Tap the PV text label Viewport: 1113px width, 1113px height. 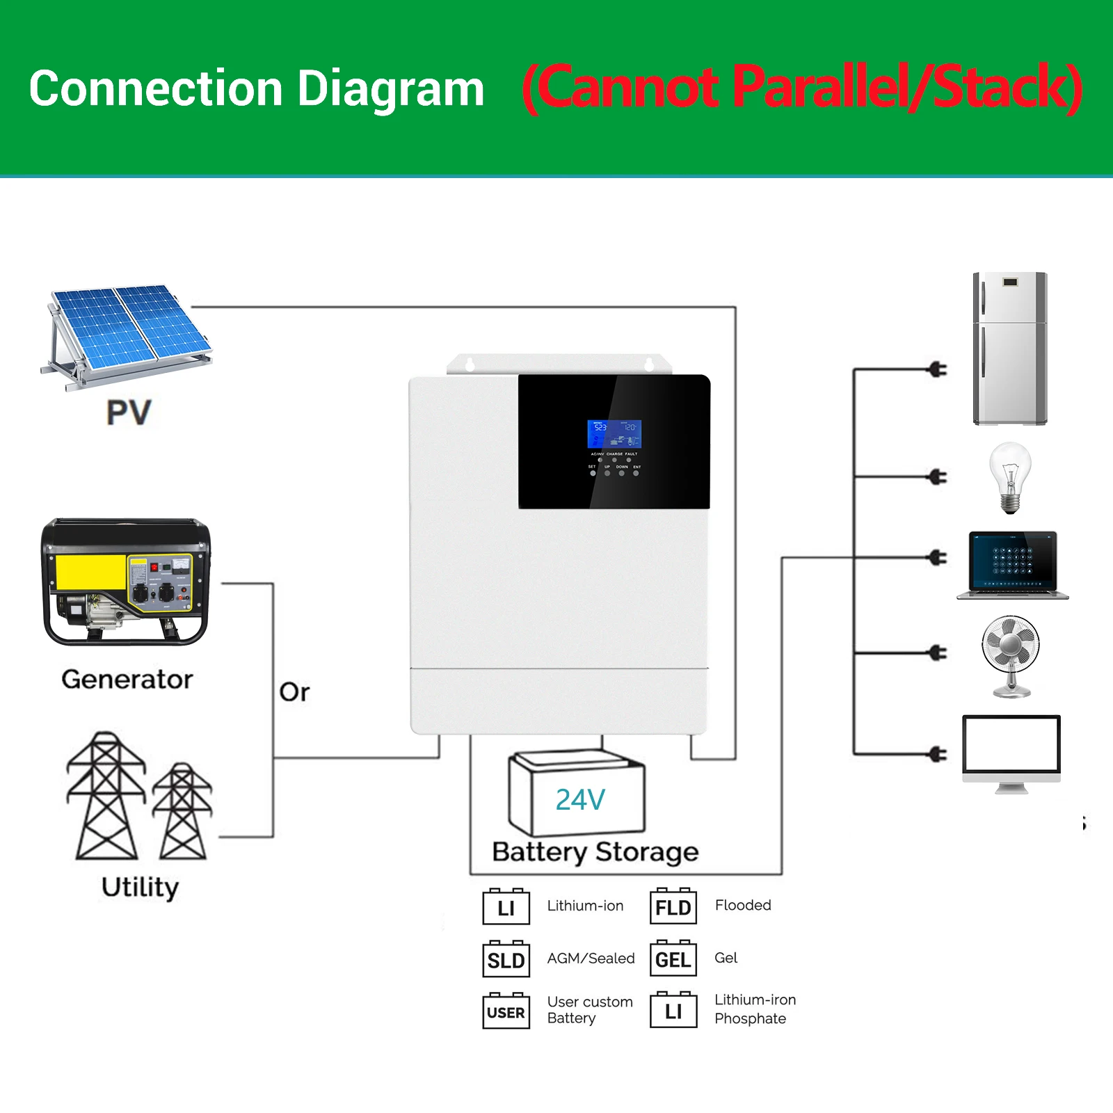(x=129, y=413)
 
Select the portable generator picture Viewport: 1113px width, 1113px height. (x=126, y=581)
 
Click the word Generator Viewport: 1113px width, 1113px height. (x=127, y=679)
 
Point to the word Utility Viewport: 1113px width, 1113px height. (x=140, y=887)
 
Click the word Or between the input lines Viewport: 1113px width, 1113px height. (x=294, y=692)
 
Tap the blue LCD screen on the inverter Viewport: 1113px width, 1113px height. (x=614, y=434)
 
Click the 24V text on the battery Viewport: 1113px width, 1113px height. (x=580, y=800)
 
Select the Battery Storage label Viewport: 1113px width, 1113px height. (x=595, y=851)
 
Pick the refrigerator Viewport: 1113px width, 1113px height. (x=1010, y=349)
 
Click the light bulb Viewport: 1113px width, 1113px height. (x=1010, y=477)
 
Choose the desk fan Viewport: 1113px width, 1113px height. (x=1011, y=655)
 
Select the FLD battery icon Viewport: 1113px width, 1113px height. (x=673, y=906)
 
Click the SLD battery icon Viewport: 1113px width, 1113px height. (x=506, y=960)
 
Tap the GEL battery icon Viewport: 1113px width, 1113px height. (x=673, y=959)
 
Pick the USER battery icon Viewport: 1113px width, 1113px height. (x=506, y=1011)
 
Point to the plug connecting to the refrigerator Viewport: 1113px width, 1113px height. (x=938, y=369)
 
